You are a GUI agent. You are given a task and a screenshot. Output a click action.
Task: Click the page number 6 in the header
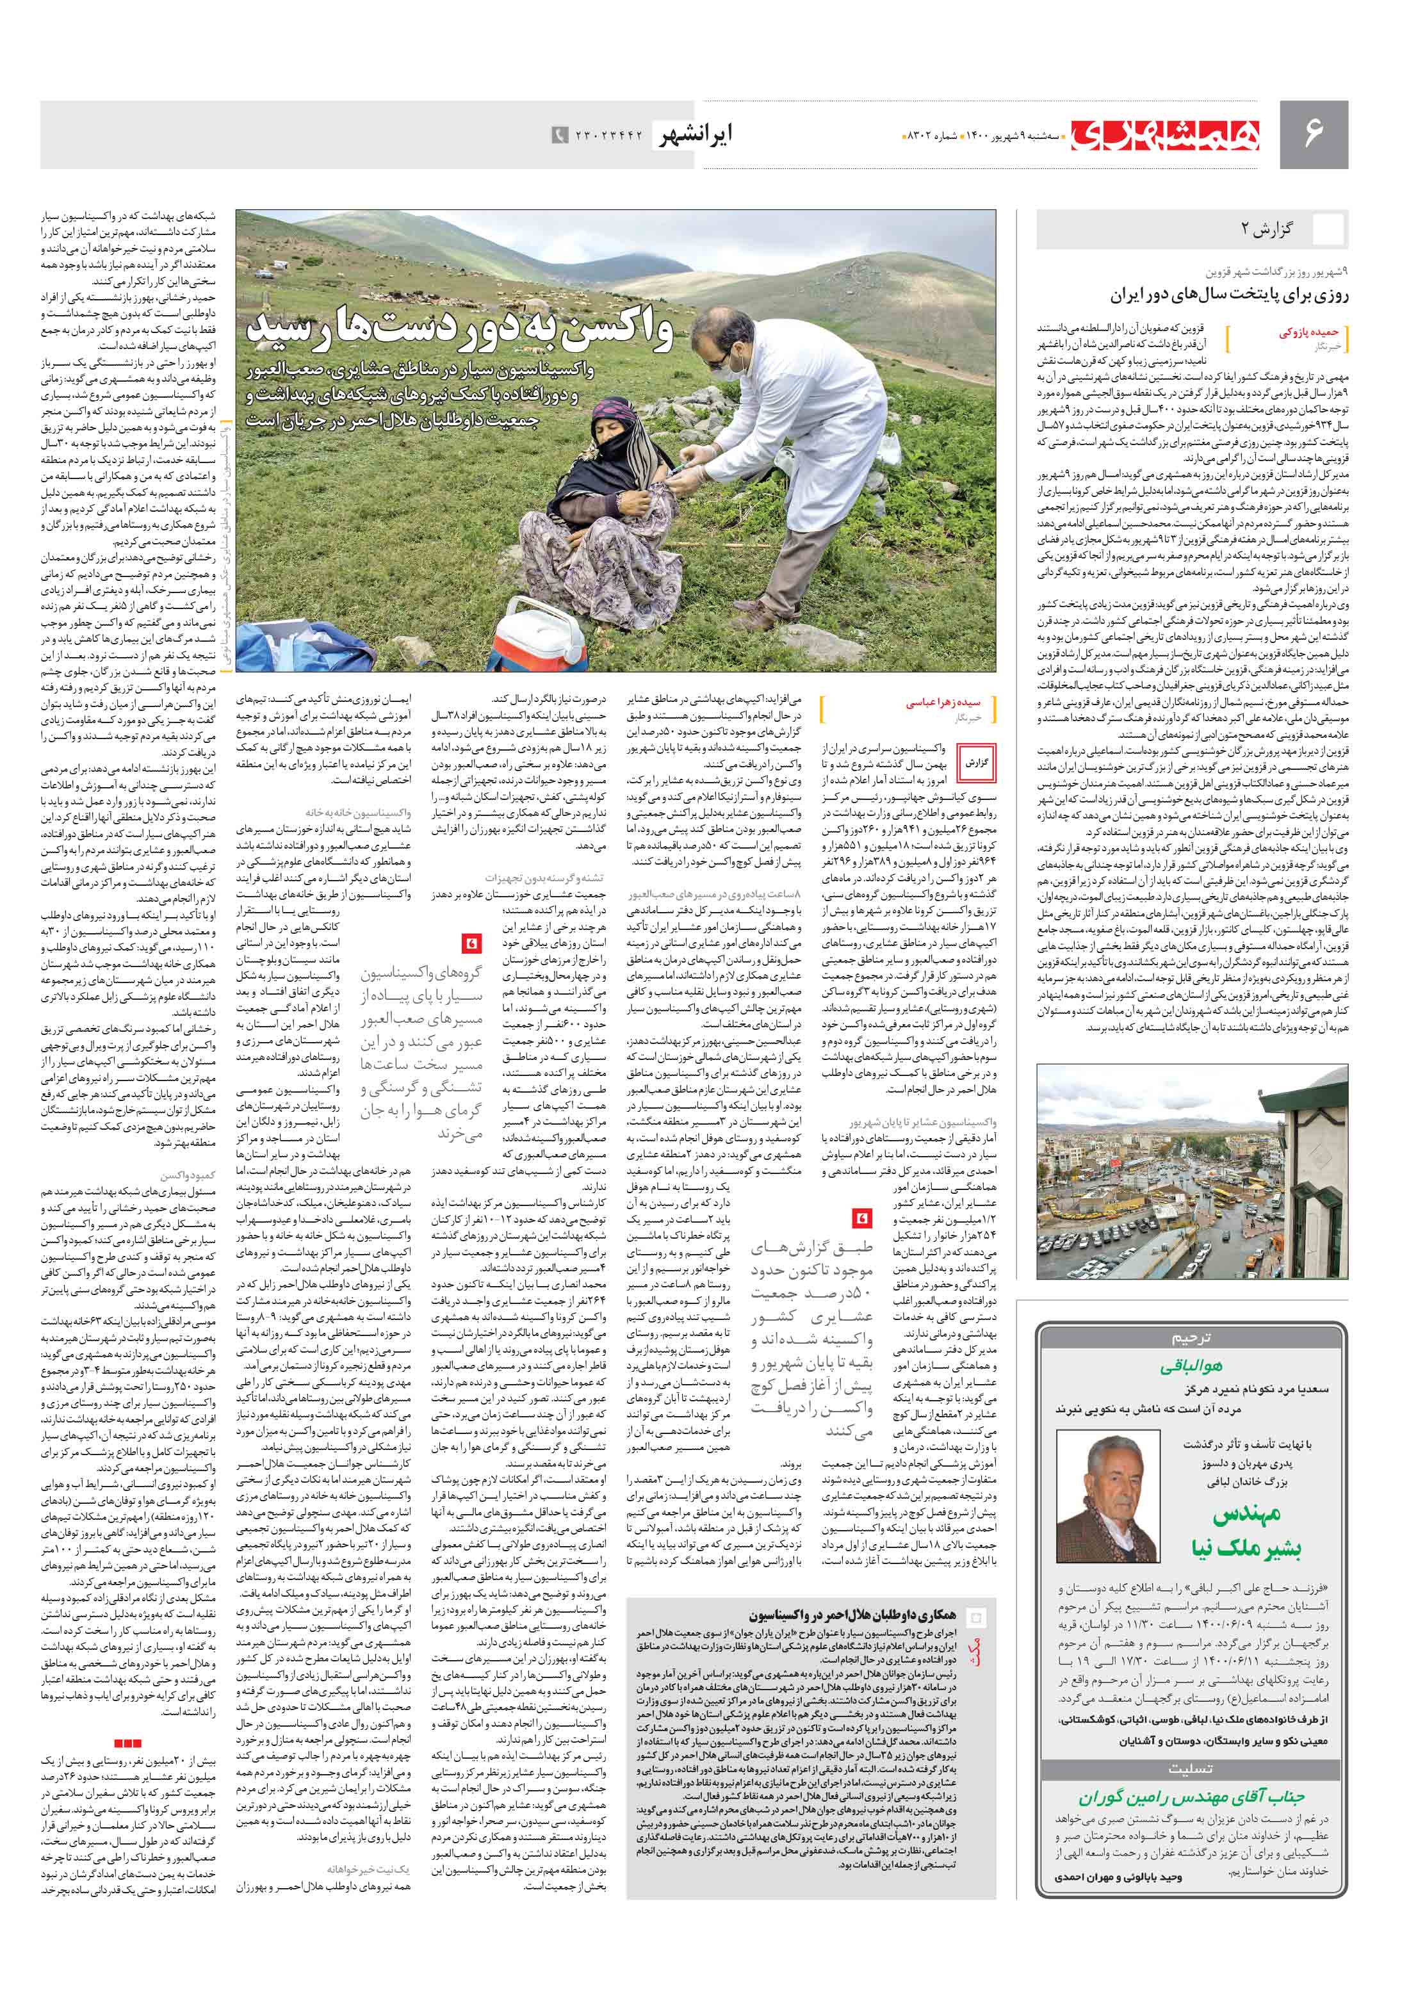1312,133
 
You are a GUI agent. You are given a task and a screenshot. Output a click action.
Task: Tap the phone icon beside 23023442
558,135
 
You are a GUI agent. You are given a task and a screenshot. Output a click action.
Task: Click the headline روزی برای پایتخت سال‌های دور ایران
1216,295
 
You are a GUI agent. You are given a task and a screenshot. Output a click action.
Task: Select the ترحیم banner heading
1191,1338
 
